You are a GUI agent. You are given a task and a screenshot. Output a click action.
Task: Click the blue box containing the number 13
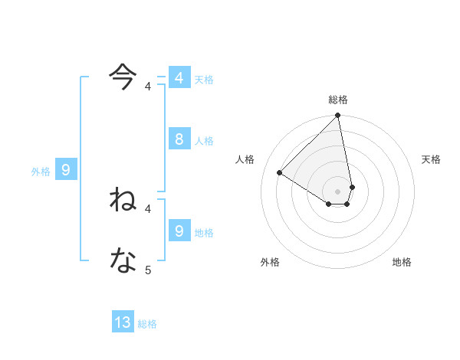(x=123, y=322)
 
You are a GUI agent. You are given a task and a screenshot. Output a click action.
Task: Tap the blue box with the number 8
(x=179, y=139)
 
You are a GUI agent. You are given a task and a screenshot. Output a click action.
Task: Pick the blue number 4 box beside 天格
(x=179, y=78)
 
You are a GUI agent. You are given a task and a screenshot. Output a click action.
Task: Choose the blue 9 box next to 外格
(x=66, y=170)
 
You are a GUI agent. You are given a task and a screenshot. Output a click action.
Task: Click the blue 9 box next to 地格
(x=179, y=231)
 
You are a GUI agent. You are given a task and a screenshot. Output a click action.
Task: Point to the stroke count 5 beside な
(x=148, y=270)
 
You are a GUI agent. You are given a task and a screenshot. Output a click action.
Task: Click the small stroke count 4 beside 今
(x=148, y=87)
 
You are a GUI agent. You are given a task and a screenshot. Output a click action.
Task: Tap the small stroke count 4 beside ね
(x=148, y=208)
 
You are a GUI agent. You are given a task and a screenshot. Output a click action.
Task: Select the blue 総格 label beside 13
(x=147, y=324)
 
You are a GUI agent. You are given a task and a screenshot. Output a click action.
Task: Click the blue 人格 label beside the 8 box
(x=204, y=141)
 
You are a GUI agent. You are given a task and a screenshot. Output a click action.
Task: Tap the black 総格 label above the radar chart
(x=338, y=100)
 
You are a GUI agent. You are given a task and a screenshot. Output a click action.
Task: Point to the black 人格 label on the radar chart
(x=245, y=159)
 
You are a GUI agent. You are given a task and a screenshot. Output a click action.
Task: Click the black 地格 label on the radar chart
(x=402, y=262)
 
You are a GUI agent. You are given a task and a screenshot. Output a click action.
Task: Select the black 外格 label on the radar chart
(x=270, y=262)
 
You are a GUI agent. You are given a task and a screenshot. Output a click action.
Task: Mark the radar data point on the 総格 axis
(x=338, y=116)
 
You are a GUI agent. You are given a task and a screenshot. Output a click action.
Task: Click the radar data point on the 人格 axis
(x=280, y=172)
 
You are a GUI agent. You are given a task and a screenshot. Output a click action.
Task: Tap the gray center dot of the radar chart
(x=338, y=191)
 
